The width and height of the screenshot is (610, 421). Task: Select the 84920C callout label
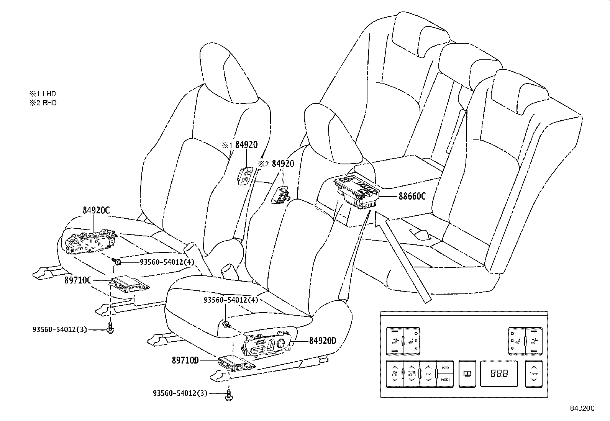pos(96,210)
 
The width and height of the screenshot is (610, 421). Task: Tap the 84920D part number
pos(322,340)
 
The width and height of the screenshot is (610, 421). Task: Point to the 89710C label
pos(78,280)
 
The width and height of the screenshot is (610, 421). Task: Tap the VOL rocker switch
pos(428,373)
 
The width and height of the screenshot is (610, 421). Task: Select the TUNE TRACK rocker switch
pos(412,373)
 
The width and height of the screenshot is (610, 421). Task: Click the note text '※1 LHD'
pos(42,93)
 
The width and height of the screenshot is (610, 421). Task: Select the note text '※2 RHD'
pos(43,103)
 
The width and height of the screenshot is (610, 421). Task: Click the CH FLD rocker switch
pos(395,373)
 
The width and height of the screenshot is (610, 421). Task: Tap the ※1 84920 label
pos(240,145)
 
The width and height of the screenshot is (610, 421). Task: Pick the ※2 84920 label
pos(276,164)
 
